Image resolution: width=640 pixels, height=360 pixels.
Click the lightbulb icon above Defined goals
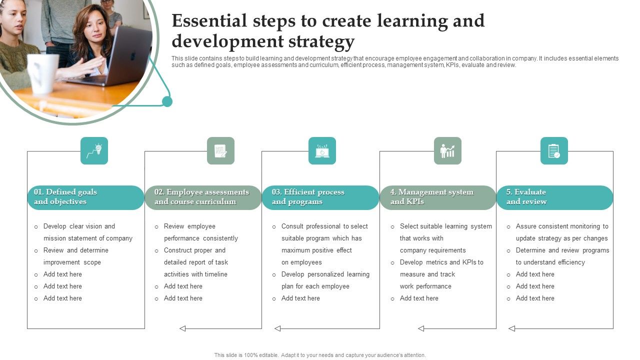94,150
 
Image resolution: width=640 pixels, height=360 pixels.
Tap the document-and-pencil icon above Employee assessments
220,150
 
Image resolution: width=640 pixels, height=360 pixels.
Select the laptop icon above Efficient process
322,150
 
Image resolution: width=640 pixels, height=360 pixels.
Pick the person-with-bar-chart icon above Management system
447,150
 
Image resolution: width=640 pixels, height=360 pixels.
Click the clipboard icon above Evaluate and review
554,150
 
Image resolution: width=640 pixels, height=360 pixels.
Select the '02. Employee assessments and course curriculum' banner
202,197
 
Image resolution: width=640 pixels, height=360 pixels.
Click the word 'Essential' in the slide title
209,21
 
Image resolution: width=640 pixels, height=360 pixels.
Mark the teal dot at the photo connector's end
167,101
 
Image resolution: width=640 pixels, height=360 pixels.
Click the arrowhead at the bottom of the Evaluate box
511,328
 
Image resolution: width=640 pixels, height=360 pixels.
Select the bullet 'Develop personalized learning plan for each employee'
325,280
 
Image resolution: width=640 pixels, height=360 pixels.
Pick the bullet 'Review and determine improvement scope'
75,256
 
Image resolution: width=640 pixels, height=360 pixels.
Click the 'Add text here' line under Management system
419,298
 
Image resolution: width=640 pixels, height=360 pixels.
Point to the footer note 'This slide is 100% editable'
320,355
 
